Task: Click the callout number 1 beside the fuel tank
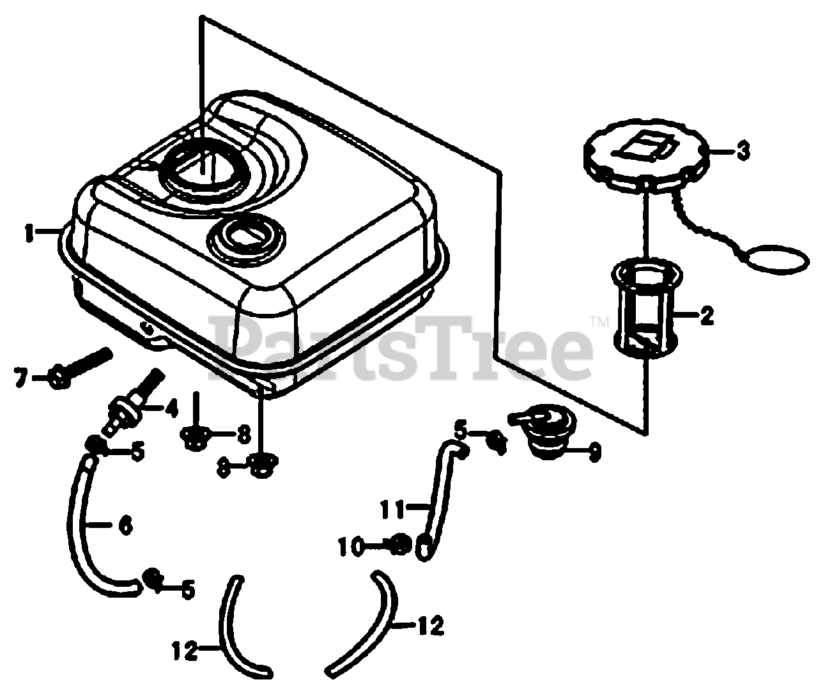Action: tap(29, 233)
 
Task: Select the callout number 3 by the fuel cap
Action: tap(743, 152)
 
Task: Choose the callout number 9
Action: tap(594, 453)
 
